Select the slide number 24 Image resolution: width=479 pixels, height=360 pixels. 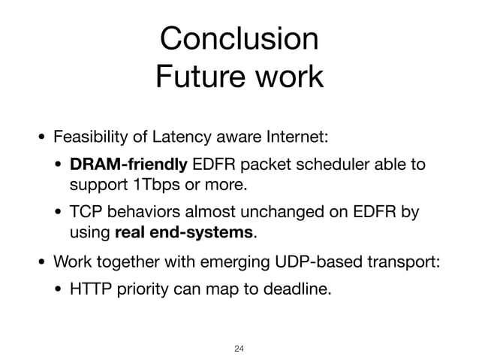[x=239, y=346]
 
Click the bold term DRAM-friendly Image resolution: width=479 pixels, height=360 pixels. [x=129, y=163]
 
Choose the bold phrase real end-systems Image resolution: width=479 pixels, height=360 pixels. [x=185, y=232]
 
